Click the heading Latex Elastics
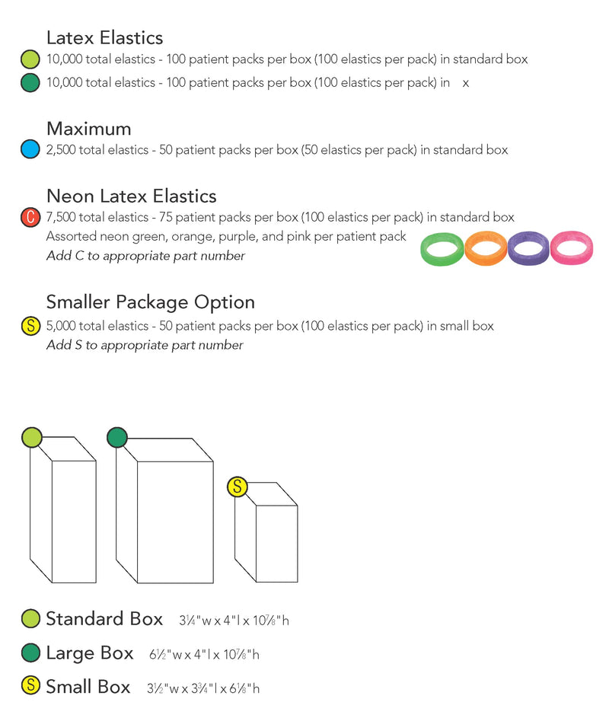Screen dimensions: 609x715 [x=105, y=38]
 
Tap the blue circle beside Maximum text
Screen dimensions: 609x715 [x=30, y=149]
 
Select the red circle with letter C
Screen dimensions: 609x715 [x=30, y=217]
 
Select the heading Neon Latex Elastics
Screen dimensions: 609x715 [x=131, y=196]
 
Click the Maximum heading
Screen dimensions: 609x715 [x=89, y=129]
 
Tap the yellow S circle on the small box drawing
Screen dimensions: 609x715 [x=237, y=487]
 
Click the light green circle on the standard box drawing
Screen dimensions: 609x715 [x=32, y=437]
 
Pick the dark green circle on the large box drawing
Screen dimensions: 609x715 [x=117, y=437]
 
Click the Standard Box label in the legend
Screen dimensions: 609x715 [x=104, y=619]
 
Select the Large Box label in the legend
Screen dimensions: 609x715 [x=90, y=653]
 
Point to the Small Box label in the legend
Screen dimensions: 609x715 [x=88, y=687]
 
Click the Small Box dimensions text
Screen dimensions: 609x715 [x=203, y=688]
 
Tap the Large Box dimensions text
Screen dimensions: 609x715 [x=204, y=654]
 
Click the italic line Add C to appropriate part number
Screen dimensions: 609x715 [x=146, y=257]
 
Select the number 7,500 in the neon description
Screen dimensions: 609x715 [x=61, y=218]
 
